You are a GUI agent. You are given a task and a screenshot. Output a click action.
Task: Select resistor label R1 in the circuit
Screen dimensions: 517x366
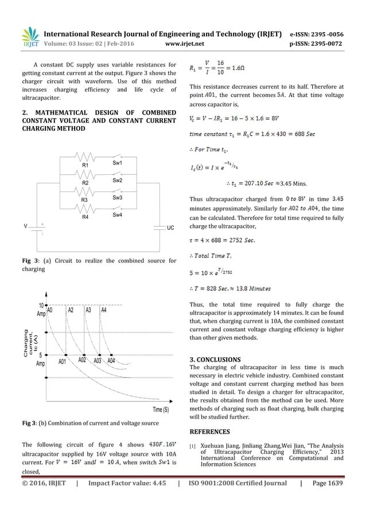pyautogui.click(x=85, y=165)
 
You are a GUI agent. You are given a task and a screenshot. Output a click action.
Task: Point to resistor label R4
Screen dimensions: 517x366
pyautogui.click(x=85, y=218)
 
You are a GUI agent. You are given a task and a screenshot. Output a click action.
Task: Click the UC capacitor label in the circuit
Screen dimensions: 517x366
pyautogui.click(x=170, y=228)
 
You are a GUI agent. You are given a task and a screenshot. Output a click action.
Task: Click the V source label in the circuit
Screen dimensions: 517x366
pyautogui.click(x=26, y=226)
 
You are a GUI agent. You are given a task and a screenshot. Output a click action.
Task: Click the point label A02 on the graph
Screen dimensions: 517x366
pyautogui.click(x=83, y=362)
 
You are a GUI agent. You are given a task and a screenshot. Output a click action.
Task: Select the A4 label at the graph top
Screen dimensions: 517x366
pyautogui.click(x=104, y=310)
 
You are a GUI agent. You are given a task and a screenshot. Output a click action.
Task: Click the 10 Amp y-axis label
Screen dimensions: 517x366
pyautogui.click(x=41, y=310)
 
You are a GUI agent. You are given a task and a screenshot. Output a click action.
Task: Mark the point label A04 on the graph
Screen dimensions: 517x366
pyautogui.click(x=111, y=362)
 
